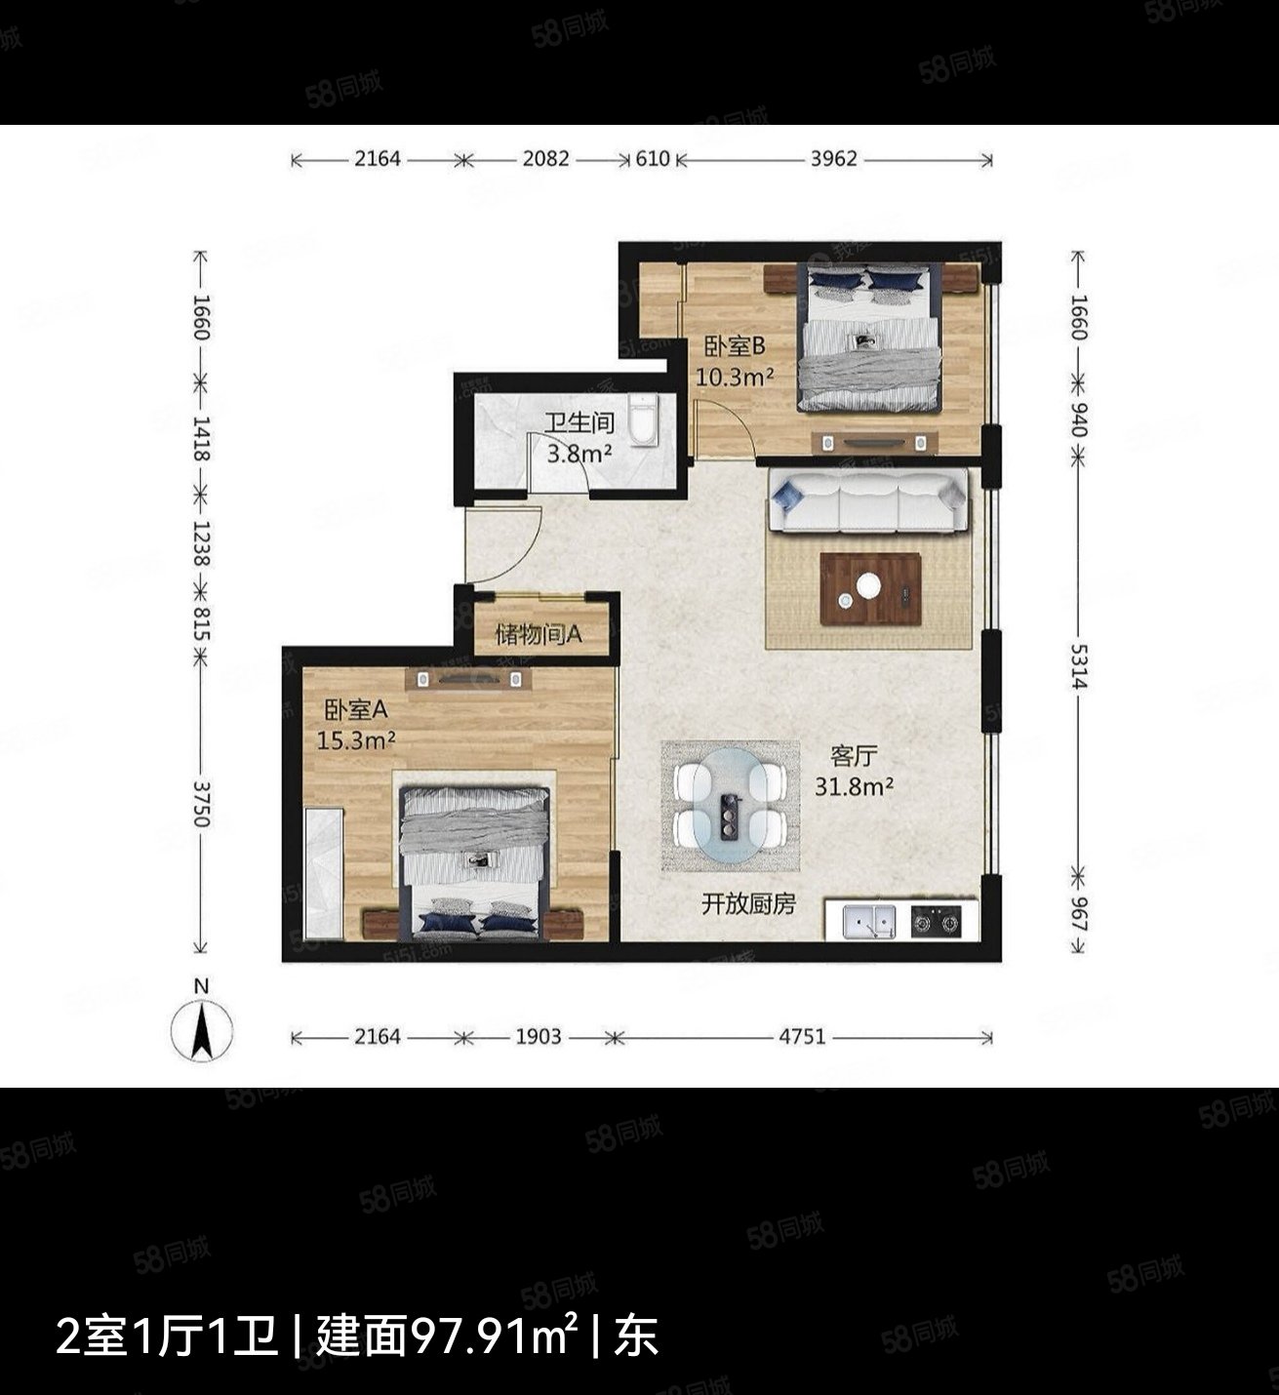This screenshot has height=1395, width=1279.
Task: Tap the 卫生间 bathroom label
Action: pyautogui.click(x=579, y=423)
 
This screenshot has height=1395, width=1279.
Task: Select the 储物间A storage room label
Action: pyautogui.click(x=539, y=635)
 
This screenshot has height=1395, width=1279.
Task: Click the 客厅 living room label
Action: pyautogui.click(x=854, y=755)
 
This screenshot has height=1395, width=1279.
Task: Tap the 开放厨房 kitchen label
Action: pyautogui.click(x=748, y=904)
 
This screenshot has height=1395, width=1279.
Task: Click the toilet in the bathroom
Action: pyautogui.click(x=644, y=420)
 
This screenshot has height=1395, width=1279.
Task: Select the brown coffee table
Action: pyautogui.click(x=870, y=588)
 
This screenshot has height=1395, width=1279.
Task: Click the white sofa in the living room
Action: pyautogui.click(x=868, y=501)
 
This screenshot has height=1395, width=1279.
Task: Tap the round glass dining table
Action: pyautogui.click(x=731, y=806)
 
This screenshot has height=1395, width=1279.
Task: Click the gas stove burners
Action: pyautogui.click(x=936, y=920)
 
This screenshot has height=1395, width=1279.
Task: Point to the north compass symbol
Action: pyautogui.click(x=202, y=1031)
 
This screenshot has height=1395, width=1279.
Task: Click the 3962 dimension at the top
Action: pyautogui.click(x=833, y=159)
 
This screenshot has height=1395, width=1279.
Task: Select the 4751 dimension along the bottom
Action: pyautogui.click(x=801, y=1037)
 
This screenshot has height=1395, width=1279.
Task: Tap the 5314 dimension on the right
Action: pyautogui.click(x=1077, y=665)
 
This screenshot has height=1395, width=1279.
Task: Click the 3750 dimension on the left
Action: pyautogui.click(x=201, y=803)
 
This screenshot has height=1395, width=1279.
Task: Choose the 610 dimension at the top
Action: pyautogui.click(x=653, y=159)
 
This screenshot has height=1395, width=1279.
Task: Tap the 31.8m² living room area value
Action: pyautogui.click(x=854, y=785)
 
